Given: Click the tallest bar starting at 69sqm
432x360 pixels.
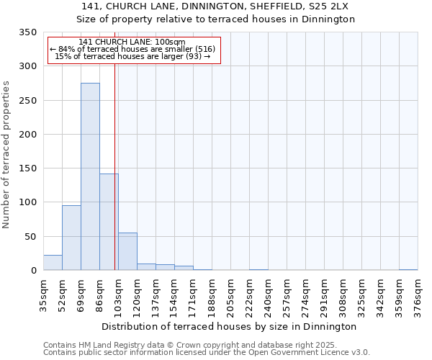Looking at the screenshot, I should [x=90, y=176].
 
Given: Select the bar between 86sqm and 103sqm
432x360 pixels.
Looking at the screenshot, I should [x=109, y=222].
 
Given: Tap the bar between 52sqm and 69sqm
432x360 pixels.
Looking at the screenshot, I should [x=71, y=238].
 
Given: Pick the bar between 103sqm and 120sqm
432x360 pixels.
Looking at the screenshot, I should [x=127, y=251].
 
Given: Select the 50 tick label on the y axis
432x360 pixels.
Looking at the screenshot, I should [x=30, y=237].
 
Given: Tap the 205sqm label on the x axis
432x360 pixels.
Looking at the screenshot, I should [x=231, y=294].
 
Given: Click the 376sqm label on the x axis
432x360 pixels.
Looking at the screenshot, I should [x=418, y=294].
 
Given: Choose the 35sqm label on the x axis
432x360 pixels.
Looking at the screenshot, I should [x=44, y=294].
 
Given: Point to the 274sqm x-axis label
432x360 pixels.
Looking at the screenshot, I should [x=306, y=294].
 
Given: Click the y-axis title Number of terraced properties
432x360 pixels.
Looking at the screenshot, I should [x=6, y=154].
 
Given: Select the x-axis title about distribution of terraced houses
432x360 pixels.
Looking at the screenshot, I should [x=229, y=326].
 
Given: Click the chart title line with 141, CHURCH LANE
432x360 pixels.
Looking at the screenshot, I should [x=215, y=6].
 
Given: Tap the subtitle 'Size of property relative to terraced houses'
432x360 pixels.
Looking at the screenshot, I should [x=215, y=19].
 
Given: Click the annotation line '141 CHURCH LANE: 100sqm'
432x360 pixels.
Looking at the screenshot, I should [x=132, y=42].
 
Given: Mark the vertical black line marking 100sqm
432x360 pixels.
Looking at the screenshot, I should [x=114, y=166].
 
